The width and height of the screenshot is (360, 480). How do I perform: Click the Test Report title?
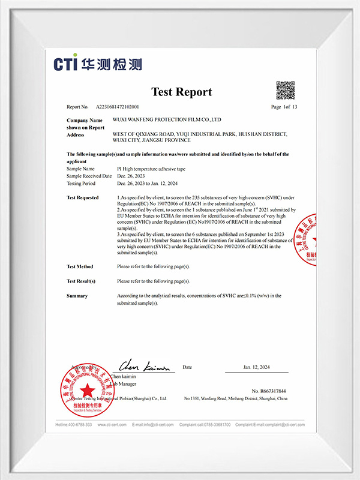click(181, 92)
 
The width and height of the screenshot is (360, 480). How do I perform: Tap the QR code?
click(285, 90)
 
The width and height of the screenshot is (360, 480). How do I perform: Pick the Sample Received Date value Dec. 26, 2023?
click(131, 176)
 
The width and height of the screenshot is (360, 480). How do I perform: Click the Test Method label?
click(80, 266)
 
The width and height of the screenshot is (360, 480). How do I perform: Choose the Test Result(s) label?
click(81, 281)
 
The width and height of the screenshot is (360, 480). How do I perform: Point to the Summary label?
click(77, 296)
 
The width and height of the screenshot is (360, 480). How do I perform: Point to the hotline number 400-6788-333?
click(74, 425)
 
